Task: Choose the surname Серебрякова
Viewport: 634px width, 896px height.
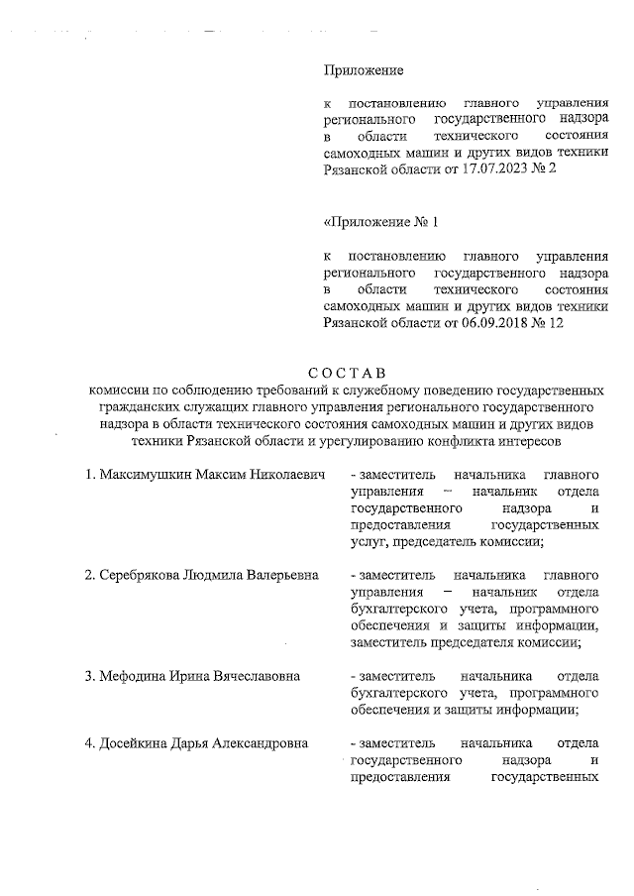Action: click(141, 575)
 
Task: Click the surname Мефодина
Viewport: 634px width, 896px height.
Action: click(134, 676)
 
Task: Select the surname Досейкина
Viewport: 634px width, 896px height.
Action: click(136, 743)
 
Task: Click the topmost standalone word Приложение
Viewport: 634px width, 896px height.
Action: click(364, 70)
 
